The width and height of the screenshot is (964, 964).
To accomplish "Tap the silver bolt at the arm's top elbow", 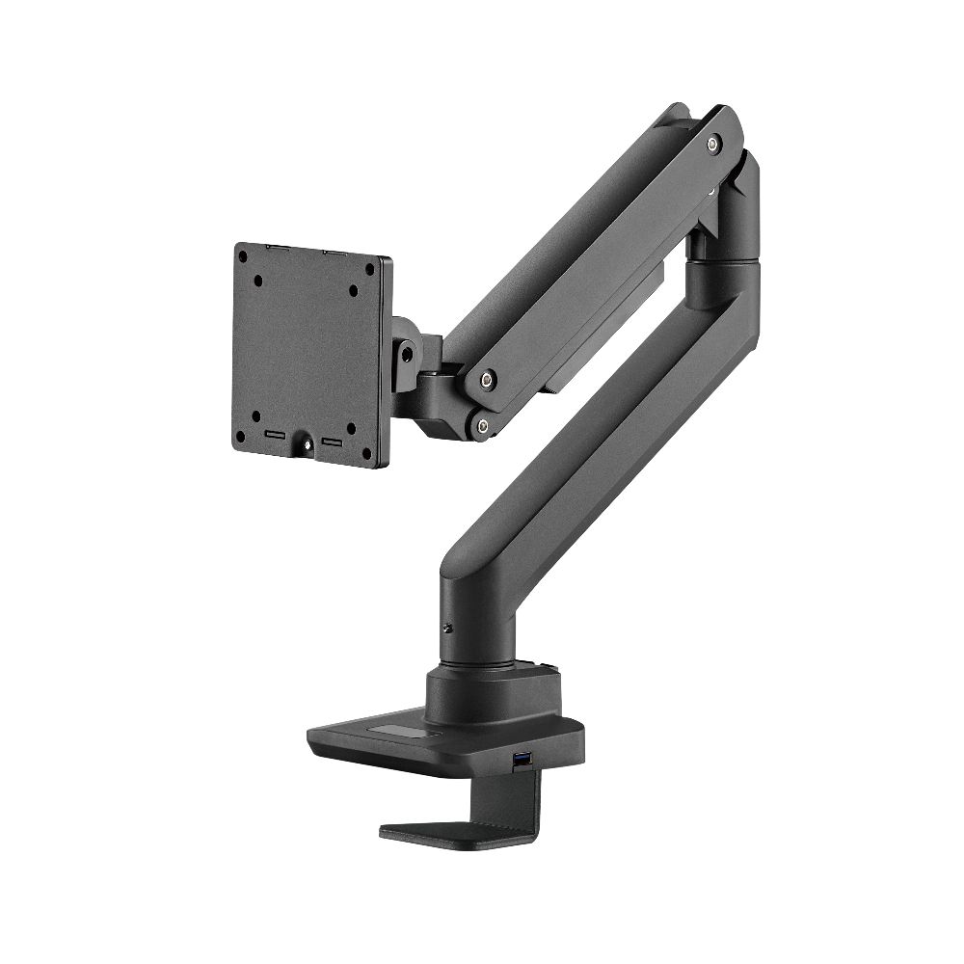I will point(711,144).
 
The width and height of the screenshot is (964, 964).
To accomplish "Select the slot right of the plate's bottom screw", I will point(333,442).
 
